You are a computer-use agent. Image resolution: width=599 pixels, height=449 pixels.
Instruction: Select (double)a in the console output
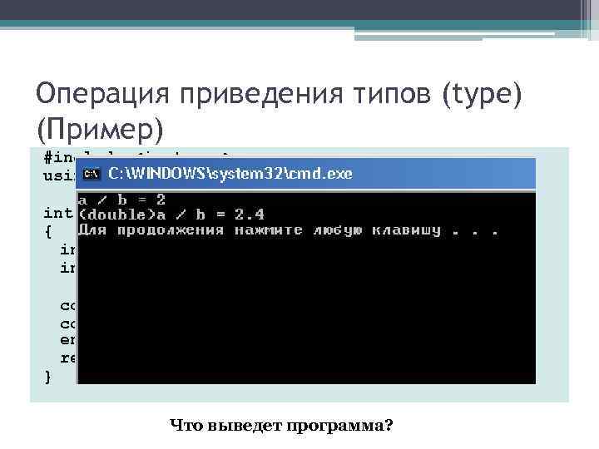click(x=116, y=215)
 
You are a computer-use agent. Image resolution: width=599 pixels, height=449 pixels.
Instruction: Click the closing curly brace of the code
click(x=47, y=377)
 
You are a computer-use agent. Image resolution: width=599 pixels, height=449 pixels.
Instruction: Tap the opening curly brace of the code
click(x=47, y=230)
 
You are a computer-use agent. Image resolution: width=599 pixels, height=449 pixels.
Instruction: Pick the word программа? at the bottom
click(x=340, y=426)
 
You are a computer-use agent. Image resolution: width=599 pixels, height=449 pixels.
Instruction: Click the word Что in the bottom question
click(x=186, y=426)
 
